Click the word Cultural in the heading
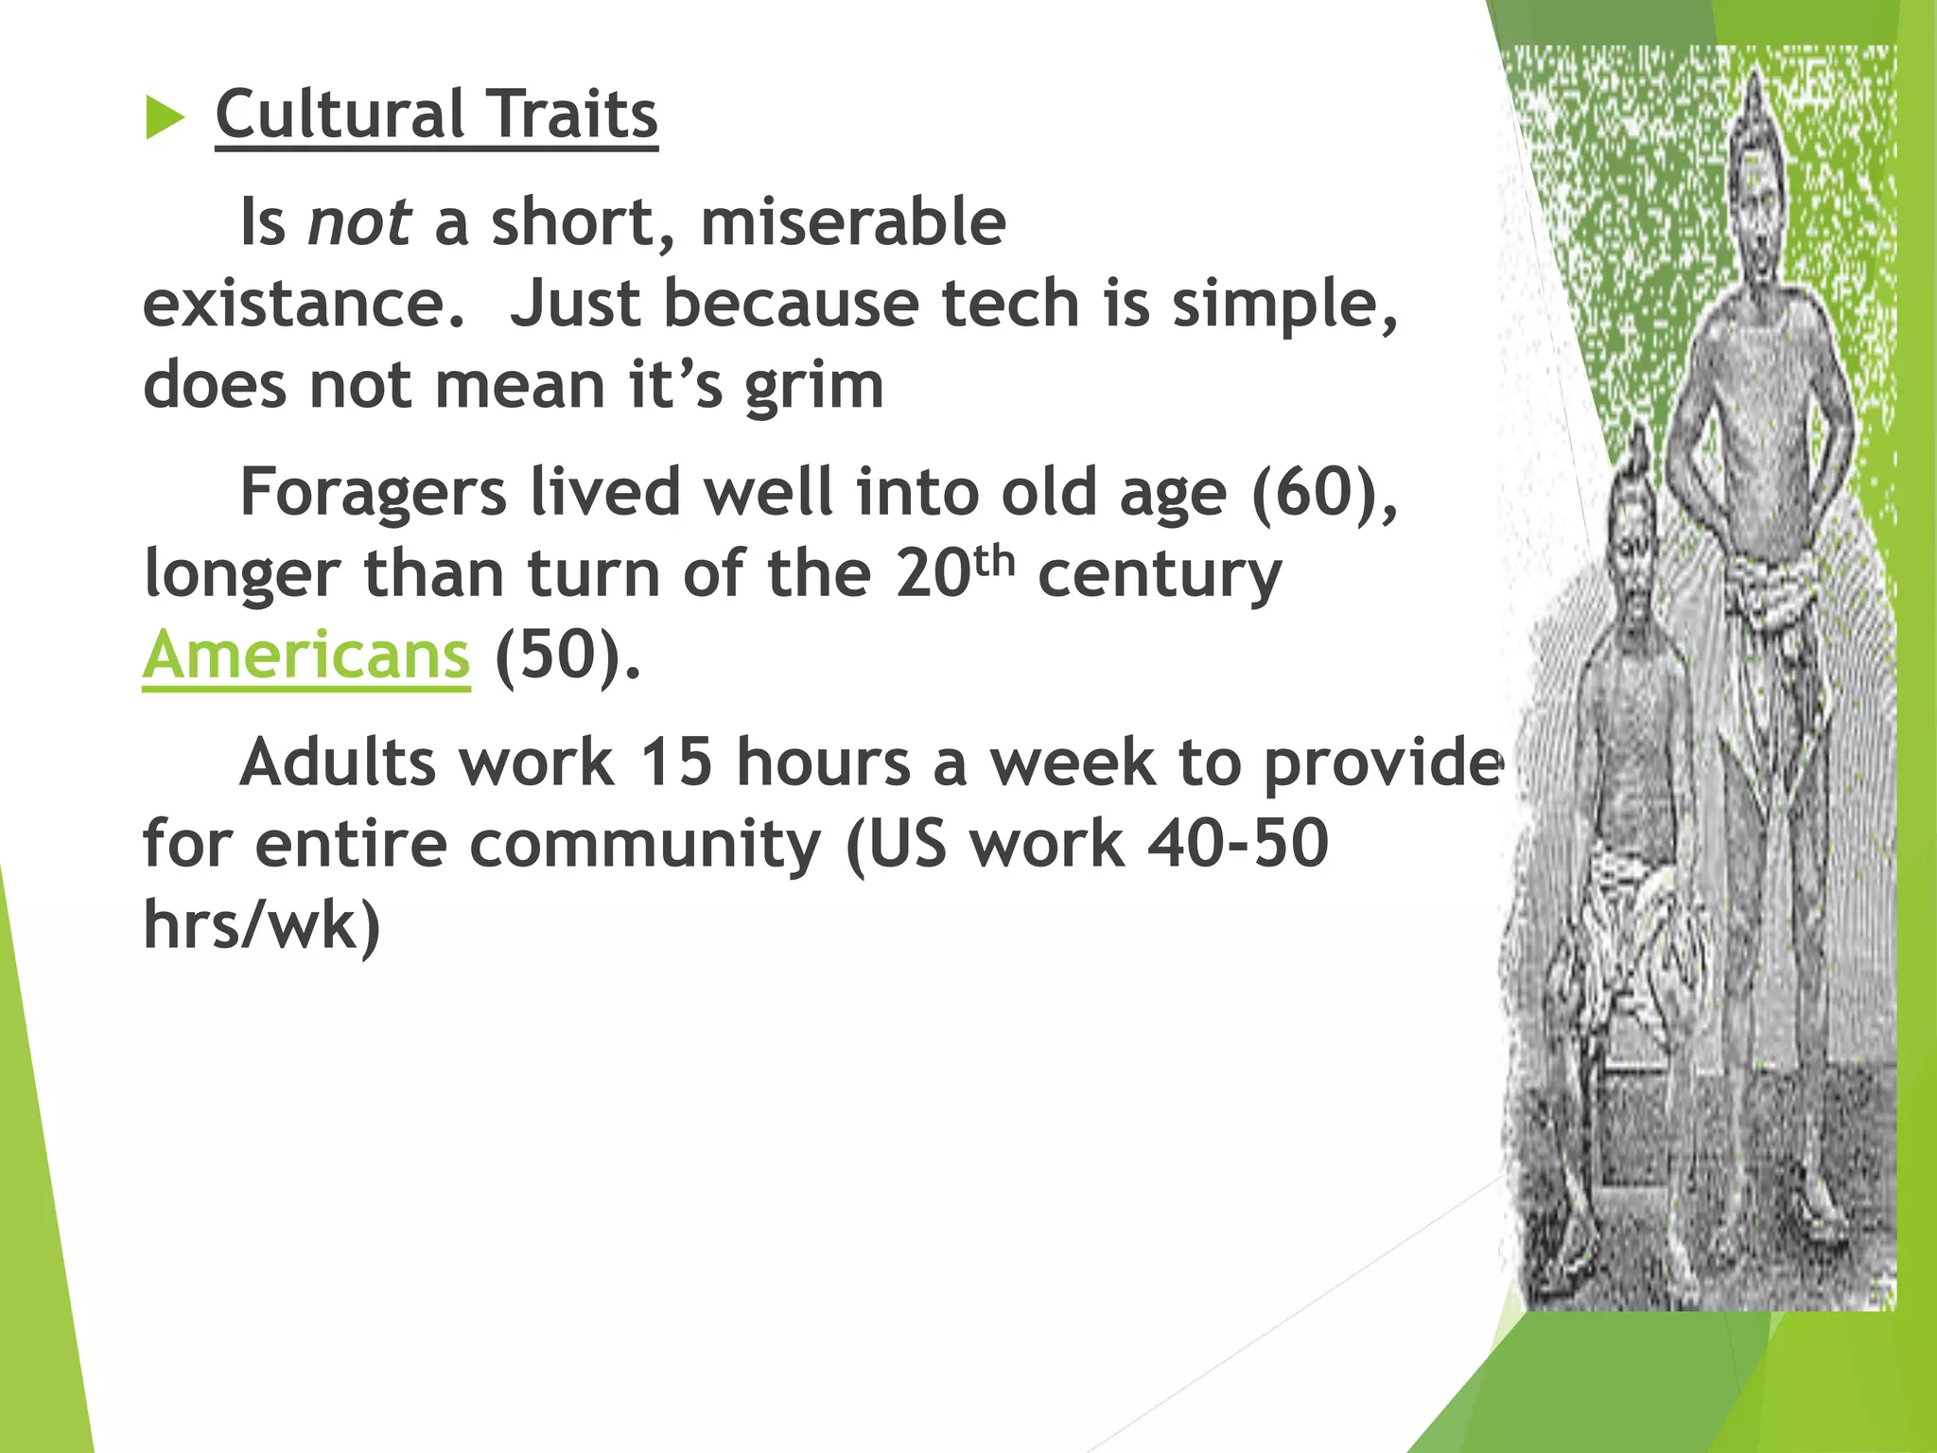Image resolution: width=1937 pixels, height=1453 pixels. pos(338,114)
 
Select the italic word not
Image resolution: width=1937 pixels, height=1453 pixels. pos(359,222)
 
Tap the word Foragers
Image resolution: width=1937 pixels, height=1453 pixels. pos(374,494)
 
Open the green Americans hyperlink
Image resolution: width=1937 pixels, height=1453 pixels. pos(305,655)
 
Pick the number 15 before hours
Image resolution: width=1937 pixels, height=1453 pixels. pos(675,762)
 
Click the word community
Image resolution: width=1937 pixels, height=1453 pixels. pos(645,844)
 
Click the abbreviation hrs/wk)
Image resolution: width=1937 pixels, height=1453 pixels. pos(262,925)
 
